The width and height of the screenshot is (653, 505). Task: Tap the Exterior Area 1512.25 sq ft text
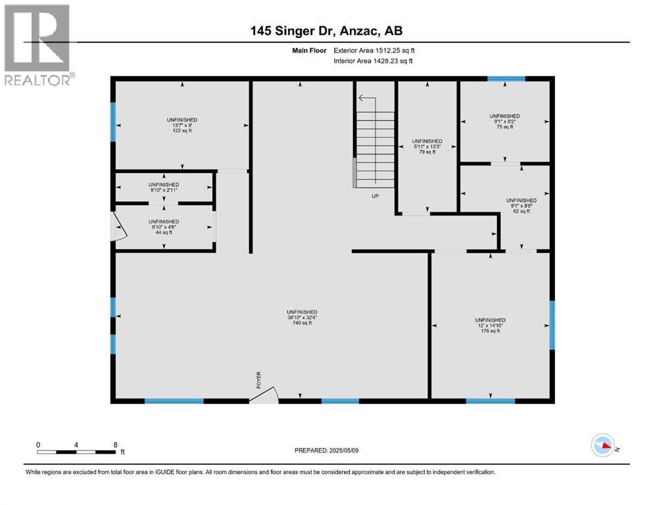point(374,51)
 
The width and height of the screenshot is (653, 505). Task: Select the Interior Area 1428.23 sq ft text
point(373,60)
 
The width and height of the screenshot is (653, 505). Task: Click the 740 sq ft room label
point(302,323)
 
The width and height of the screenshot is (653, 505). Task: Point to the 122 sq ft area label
point(182,131)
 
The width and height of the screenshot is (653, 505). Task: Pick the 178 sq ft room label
point(490,331)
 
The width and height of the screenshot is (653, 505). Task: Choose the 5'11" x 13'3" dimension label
point(427,147)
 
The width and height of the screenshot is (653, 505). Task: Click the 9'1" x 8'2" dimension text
point(505,122)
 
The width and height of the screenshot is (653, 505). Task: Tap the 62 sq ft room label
point(521,211)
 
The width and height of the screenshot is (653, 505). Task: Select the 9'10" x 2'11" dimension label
point(164,190)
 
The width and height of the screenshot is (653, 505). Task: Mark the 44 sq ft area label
point(164,232)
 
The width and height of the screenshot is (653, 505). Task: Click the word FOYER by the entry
point(258,380)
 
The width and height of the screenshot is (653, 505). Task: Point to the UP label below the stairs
point(375,196)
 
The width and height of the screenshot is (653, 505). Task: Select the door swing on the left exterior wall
point(120,226)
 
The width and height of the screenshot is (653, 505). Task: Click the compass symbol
point(603,445)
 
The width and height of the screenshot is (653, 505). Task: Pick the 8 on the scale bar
point(115,445)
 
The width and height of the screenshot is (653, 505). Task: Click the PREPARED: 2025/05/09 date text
point(326,450)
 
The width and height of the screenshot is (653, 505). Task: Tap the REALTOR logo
point(37,45)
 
